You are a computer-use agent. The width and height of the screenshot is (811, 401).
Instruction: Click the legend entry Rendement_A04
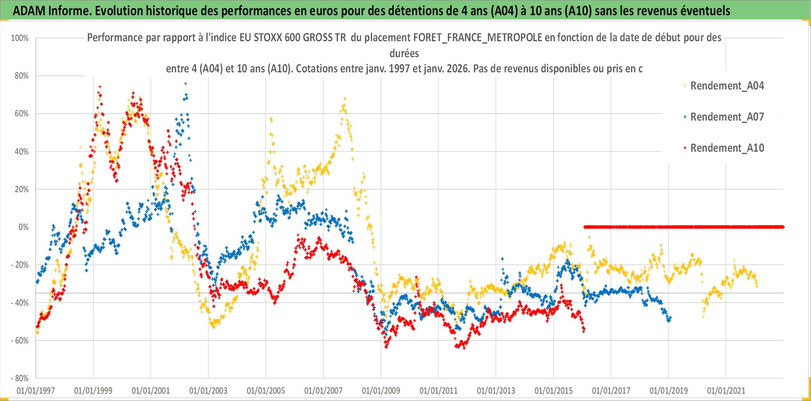coord(727,86)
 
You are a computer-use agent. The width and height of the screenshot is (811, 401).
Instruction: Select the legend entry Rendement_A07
coord(727,117)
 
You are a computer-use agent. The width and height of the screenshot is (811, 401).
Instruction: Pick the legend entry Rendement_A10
coord(727,148)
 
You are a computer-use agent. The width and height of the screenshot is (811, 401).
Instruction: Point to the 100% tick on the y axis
coord(20,38)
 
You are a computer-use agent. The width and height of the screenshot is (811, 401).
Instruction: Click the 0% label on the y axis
coord(23,227)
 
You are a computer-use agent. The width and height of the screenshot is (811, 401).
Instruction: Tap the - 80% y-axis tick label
coord(19,378)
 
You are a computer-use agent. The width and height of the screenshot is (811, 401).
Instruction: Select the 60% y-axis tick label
coord(21,114)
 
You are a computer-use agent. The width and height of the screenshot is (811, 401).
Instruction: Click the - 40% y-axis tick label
coord(19,303)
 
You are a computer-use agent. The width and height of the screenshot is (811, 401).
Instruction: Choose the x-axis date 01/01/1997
coord(36,390)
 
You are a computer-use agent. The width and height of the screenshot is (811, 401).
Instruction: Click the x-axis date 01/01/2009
coord(381,390)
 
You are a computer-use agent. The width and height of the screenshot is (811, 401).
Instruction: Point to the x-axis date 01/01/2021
coord(726,390)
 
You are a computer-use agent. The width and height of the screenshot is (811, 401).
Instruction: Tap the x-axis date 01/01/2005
coord(266,390)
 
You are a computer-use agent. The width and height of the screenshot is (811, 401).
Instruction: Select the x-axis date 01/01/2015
coord(554,390)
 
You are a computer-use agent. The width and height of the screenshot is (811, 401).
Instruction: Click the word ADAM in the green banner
coord(29,11)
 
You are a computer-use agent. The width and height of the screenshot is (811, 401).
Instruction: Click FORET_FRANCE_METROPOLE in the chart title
coord(478,37)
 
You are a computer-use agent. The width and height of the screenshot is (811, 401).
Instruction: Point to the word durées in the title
coord(404,53)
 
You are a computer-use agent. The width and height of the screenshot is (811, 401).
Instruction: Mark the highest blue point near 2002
coord(185,83)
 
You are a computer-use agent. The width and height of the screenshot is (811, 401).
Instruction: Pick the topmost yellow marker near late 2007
coord(344,99)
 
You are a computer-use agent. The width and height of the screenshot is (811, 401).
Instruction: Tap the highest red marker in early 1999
coord(100,87)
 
